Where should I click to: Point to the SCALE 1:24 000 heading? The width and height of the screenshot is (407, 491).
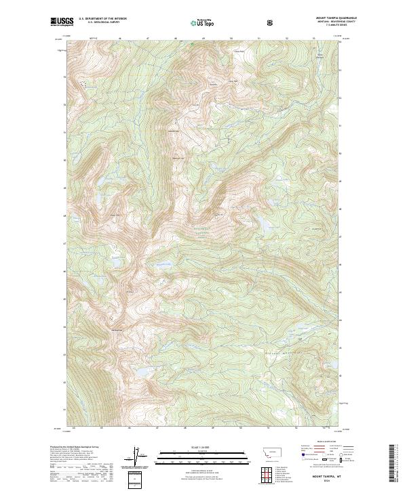[194, 447]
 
